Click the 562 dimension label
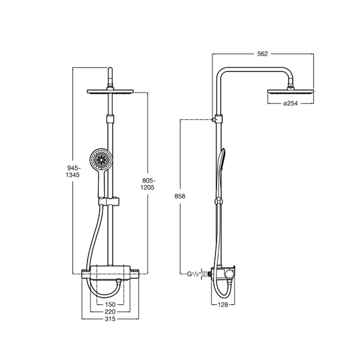pyautogui.click(x=263, y=54)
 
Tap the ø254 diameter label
pyautogui.click(x=290, y=103)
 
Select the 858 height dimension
pyautogui.click(x=180, y=196)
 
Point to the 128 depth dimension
pyautogui.click(x=223, y=305)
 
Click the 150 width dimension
pyautogui.click(x=110, y=305)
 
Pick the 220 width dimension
pyautogui.click(x=110, y=312)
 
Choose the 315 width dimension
pyautogui.click(x=110, y=319)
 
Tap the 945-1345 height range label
pyautogui.click(x=73, y=171)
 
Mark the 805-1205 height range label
pyautogui.click(x=148, y=184)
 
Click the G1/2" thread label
pyautogui.click(x=194, y=274)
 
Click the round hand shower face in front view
pyautogui.click(x=100, y=159)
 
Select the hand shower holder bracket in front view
pyautogui.click(x=109, y=201)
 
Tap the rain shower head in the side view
pyautogui.click(x=290, y=91)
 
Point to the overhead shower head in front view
pyautogui.click(x=110, y=91)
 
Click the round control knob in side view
pyautogui.click(x=229, y=274)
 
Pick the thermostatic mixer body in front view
pyautogui.click(x=110, y=273)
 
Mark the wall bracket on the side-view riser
pyautogui.click(x=218, y=119)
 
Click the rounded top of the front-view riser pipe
pyautogui.click(x=110, y=69)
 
